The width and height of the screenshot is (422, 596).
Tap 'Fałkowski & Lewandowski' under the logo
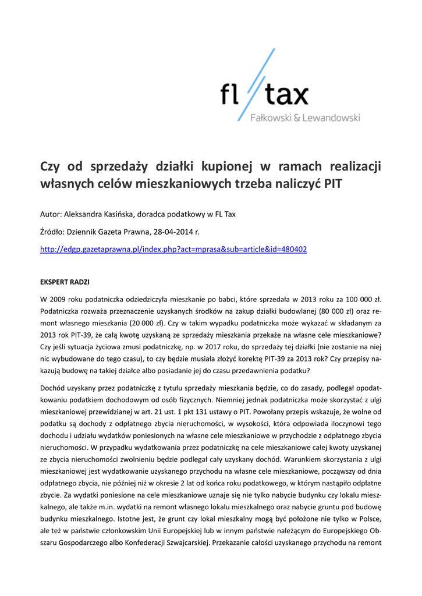coord(304,118)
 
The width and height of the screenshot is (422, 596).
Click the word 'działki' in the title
coord(173,167)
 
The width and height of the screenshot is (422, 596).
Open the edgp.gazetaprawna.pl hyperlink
coord(173,249)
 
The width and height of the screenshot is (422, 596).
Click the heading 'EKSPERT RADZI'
coord(65,282)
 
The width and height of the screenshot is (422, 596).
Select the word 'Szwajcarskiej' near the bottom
coord(184,542)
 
